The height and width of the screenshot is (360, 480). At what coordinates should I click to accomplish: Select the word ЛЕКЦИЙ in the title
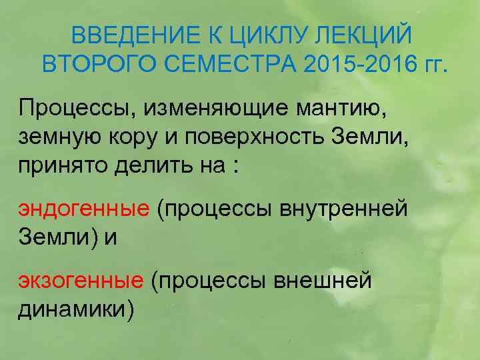367,35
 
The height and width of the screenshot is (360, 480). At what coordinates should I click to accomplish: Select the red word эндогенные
83,209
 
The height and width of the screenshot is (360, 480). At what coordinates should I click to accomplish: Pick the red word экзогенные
80,281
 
